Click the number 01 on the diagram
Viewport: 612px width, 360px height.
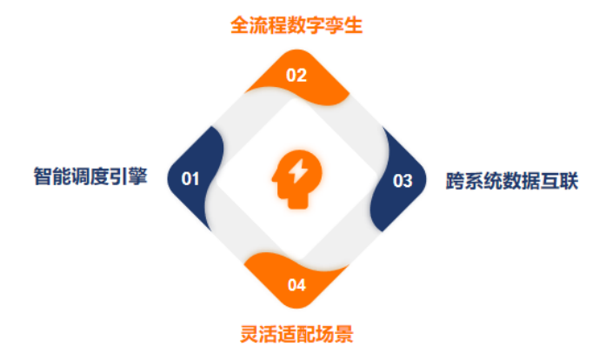[x=190, y=179]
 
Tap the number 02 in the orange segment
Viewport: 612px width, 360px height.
[x=296, y=76]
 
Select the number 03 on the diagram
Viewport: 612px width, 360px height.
[x=402, y=181]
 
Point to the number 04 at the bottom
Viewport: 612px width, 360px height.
[x=296, y=285]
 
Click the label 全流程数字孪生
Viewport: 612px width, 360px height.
[x=296, y=25]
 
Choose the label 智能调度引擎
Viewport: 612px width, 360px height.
[x=90, y=177]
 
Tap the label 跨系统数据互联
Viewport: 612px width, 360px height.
[x=512, y=181]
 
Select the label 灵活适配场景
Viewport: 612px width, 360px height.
[x=296, y=334]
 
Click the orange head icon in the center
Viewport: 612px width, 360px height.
[x=297, y=179]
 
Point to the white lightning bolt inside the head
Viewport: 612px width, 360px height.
[x=298, y=171]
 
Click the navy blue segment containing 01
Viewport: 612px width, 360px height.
[x=194, y=178]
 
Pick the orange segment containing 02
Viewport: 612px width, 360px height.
[x=297, y=78]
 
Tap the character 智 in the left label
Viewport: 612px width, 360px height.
[x=43, y=177]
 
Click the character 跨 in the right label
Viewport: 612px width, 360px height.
[x=456, y=181]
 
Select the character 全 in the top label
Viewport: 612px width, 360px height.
[x=240, y=25]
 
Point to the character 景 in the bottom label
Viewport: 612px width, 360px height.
[x=344, y=334]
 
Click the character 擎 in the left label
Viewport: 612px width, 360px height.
[x=138, y=177]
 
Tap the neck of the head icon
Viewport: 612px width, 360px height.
[x=298, y=200]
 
